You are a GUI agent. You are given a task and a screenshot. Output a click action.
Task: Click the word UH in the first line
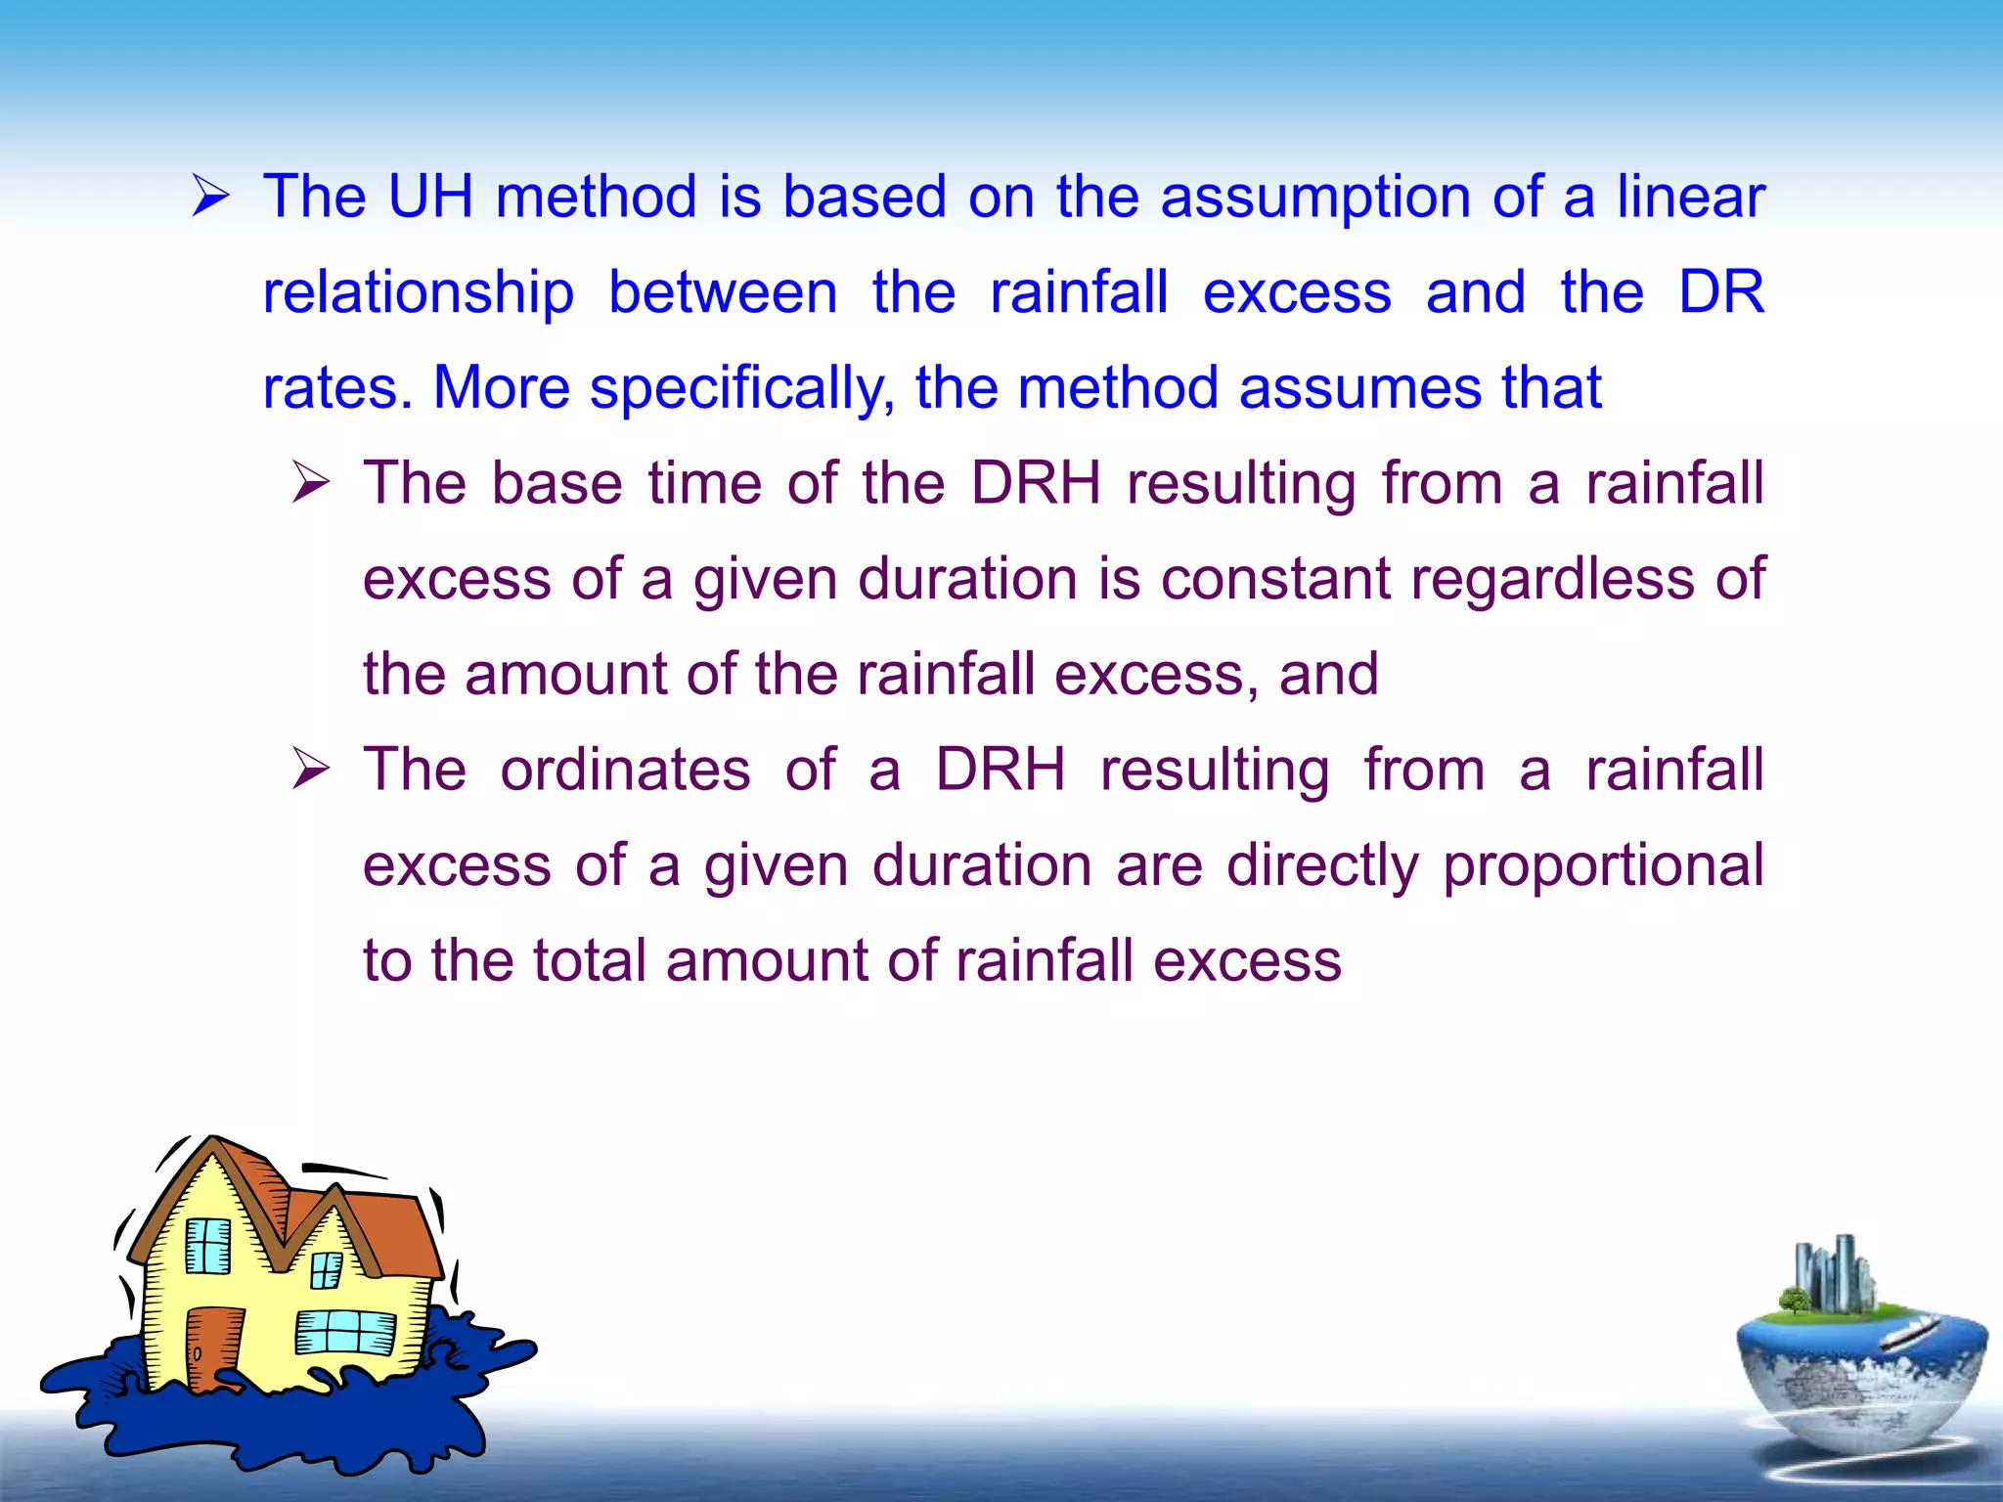tap(430, 197)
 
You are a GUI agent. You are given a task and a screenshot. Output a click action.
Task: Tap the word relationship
tap(418, 293)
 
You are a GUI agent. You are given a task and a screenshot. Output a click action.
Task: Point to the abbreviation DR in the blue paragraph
tap(1720, 291)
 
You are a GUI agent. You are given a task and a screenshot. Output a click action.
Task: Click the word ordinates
tap(625, 770)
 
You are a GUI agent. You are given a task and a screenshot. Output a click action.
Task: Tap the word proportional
tap(1603, 866)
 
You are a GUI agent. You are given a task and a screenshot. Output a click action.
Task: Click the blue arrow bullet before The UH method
tap(210, 196)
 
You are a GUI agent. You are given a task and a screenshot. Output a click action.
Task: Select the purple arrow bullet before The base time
tap(311, 483)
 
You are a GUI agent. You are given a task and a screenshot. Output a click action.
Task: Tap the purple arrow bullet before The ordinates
tap(311, 770)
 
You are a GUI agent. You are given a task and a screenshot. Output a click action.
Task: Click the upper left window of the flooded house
tap(207, 1246)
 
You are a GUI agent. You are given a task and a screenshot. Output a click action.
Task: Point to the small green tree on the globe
tap(1794, 1300)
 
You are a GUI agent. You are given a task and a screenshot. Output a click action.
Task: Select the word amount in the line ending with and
tap(566, 675)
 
